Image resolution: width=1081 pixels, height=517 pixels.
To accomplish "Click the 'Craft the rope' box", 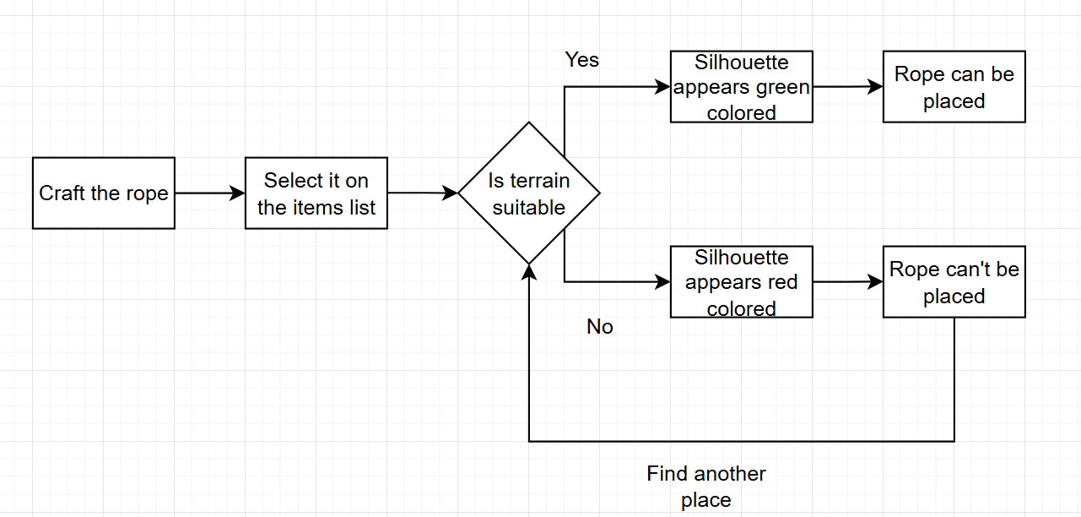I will click(104, 193).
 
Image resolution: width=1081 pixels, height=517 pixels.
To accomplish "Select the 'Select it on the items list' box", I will click(316, 193).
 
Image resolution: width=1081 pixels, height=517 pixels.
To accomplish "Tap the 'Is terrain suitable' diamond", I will click(529, 193).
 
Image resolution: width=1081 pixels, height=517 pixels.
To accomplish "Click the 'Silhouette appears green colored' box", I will click(742, 87).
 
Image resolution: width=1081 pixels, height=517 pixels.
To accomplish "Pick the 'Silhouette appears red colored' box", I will click(742, 282).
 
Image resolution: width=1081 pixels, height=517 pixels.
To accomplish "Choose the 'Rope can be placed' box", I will click(954, 87).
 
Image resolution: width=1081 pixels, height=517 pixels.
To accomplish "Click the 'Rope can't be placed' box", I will click(954, 282).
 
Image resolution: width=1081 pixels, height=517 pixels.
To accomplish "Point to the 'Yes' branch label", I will click(582, 60).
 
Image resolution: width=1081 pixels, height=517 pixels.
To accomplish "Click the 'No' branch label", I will click(600, 327).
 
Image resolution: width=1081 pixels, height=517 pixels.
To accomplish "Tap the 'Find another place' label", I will click(706, 486).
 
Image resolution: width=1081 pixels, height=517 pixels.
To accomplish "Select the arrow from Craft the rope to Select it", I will click(209, 193).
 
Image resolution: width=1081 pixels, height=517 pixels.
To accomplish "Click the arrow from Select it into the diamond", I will click(422, 193).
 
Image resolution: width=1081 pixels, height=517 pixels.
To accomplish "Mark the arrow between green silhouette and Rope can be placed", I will click(847, 86).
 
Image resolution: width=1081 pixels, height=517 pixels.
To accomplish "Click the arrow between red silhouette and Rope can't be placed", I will click(847, 282).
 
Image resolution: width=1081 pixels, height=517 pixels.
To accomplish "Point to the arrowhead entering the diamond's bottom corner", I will click(529, 271).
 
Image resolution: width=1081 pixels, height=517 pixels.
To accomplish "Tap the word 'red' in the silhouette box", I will click(782, 282).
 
